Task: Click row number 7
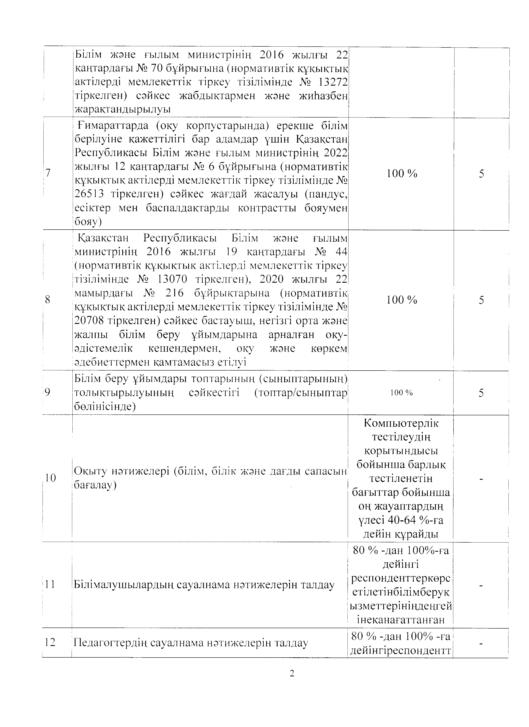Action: click(48, 173)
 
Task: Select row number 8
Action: click(48, 300)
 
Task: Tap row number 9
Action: click(48, 392)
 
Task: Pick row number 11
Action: click(50, 584)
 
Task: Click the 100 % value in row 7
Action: click(402, 173)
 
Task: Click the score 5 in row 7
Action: click(481, 174)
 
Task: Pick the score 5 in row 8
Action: click(481, 300)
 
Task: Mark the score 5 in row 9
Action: click(481, 393)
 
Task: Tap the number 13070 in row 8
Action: click(172, 279)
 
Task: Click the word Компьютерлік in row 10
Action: click(401, 423)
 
